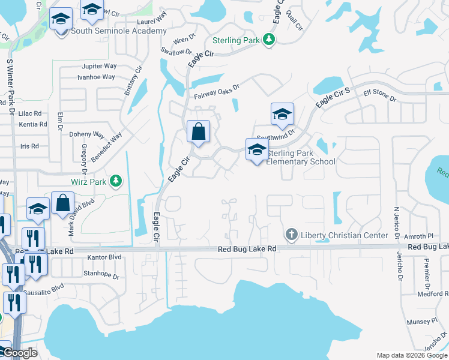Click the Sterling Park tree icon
(270, 40)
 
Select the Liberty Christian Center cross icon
(291, 235)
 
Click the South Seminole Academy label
(119, 31)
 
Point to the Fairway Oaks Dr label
(217, 91)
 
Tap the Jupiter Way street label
(98, 66)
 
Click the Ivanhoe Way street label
(96, 77)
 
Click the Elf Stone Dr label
(376, 95)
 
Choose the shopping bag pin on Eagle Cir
(198, 132)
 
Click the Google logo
(19, 353)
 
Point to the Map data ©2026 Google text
(411, 355)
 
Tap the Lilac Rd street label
(29, 113)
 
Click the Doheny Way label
(87, 135)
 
